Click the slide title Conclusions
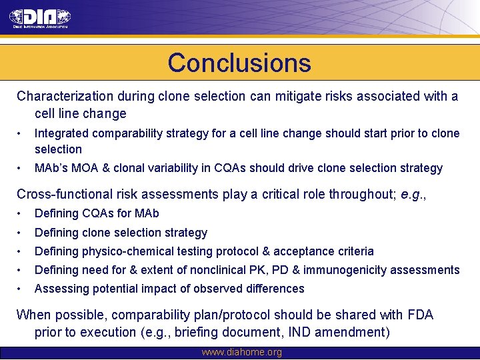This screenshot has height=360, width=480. [x=239, y=63]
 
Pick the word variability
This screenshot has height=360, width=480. [x=173, y=168]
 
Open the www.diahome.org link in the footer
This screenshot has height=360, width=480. [x=241, y=353]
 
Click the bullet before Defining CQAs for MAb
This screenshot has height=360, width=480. [x=21, y=213]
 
